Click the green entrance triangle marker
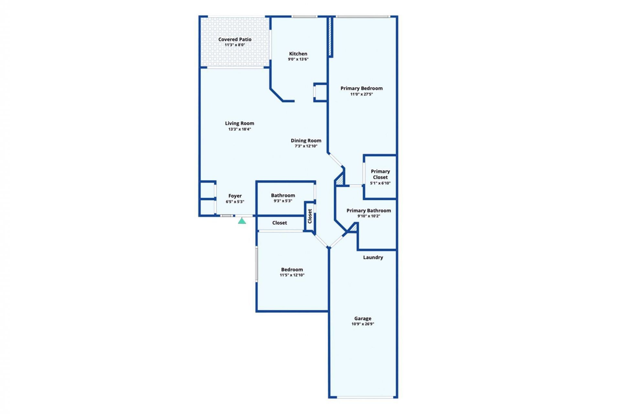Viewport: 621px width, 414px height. (x=242, y=221)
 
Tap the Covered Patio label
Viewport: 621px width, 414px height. (x=235, y=39)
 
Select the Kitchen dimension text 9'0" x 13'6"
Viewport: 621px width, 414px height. (x=298, y=59)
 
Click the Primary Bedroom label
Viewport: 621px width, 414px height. (x=361, y=88)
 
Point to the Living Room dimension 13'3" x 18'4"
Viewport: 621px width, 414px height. (x=239, y=129)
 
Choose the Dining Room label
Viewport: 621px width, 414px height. (x=306, y=140)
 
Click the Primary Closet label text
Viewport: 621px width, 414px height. (x=380, y=174)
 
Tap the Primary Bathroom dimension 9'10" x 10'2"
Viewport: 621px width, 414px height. (x=368, y=216)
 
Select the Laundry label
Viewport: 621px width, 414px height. (x=373, y=257)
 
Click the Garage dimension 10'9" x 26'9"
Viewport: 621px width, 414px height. (x=363, y=324)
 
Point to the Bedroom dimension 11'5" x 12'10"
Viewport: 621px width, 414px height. (x=292, y=275)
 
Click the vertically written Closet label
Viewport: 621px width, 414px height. (x=310, y=216)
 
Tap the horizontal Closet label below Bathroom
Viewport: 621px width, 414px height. (x=279, y=223)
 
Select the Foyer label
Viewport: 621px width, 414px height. (x=235, y=196)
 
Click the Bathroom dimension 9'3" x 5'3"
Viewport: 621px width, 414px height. (x=283, y=201)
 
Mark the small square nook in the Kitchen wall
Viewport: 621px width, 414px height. (x=321, y=93)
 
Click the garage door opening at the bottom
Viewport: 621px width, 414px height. (x=363, y=397)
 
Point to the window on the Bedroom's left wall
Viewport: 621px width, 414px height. (x=257, y=264)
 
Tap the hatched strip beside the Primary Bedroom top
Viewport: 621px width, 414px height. (x=330, y=36)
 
